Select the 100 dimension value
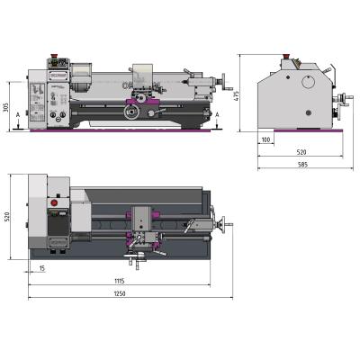266,140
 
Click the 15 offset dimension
42,268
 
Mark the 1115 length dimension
120,281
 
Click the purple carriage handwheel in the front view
132,112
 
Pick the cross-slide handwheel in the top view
138,262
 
